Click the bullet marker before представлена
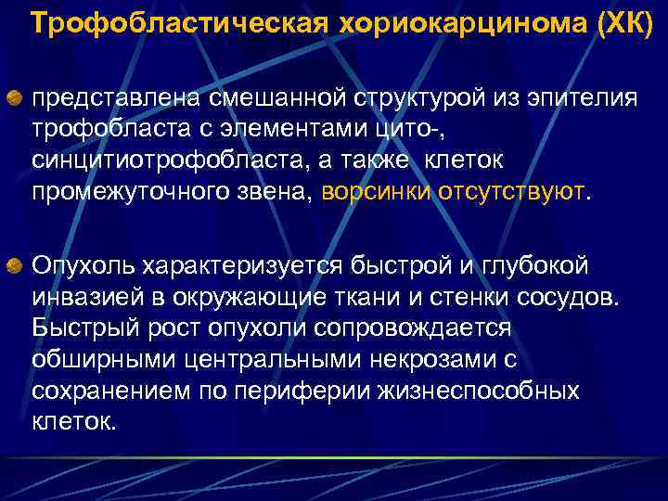pos(16,97)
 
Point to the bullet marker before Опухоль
pos(16,267)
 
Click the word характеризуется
pos(243,267)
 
